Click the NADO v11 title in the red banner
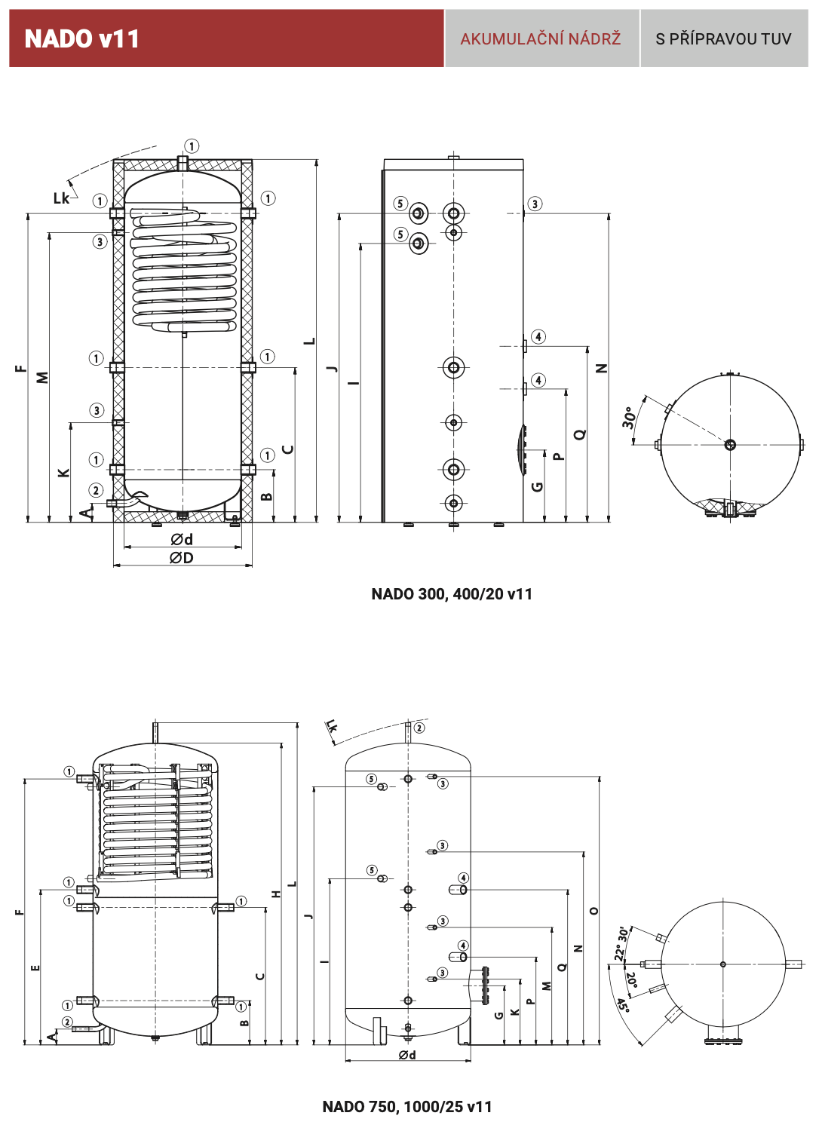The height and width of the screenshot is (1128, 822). point(82,39)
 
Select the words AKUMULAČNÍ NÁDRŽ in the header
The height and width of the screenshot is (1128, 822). point(541,39)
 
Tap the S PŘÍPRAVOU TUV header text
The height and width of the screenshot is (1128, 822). point(723,39)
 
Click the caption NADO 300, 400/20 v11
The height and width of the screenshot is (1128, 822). point(452,594)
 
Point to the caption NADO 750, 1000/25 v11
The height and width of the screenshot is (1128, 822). point(407,1107)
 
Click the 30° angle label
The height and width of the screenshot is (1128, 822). point(629,418)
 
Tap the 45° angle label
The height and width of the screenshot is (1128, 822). point(623,1006)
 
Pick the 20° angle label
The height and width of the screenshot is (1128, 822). point(632,979)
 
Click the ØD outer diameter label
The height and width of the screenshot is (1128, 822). point(182,558)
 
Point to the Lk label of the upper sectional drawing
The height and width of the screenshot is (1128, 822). point(61,198)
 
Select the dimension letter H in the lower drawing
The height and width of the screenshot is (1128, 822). point(277,894)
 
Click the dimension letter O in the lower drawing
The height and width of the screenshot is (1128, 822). point(593,911)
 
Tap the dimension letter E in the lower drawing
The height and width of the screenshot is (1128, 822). point(35,967)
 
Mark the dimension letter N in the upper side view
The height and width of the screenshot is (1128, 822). point(601,369)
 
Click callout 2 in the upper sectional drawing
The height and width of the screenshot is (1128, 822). point(96,490)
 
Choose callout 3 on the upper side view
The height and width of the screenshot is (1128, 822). point(535,204)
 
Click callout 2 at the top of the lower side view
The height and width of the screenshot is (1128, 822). point(419,728)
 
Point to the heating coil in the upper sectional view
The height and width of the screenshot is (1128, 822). point(184,271)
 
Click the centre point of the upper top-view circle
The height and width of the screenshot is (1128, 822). point(730,445)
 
